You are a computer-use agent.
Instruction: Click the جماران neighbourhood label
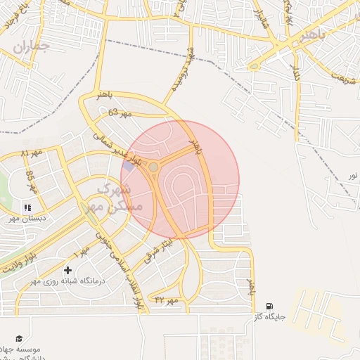coord(31,48)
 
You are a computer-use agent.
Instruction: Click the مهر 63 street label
coord(116,112)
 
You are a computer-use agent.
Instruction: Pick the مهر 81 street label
coord(32,153)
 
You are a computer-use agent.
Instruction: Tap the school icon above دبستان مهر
coord(28,207)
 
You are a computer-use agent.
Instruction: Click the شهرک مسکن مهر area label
coord(112,198)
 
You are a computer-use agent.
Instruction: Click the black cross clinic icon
coord(67,270)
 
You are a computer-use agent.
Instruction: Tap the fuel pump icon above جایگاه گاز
coord(270,306)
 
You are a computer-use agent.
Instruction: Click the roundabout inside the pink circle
coord(153,167)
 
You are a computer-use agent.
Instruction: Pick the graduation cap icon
coord(19,338)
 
